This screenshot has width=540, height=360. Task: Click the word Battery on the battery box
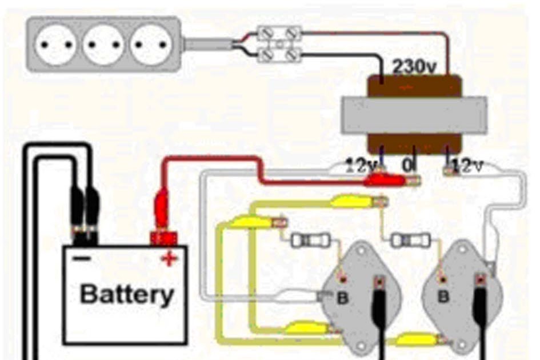click(x=127, y=295)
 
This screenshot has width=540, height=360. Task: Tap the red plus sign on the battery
click(x=168, y=259)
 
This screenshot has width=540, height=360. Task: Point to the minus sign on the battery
click(x=81, y=258)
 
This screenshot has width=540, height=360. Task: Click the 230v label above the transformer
click(x=414, y=67)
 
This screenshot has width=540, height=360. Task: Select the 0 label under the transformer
click(x=407, y=166)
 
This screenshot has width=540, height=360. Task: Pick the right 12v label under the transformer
click(x=468, y=167)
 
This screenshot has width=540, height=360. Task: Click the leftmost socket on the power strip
click(x=57, y=44)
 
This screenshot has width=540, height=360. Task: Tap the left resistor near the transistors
click(x=307, y=241)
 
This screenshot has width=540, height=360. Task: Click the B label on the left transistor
click(x=343, y=297)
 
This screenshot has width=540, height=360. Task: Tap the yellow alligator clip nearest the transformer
click(x=349, y=201)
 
